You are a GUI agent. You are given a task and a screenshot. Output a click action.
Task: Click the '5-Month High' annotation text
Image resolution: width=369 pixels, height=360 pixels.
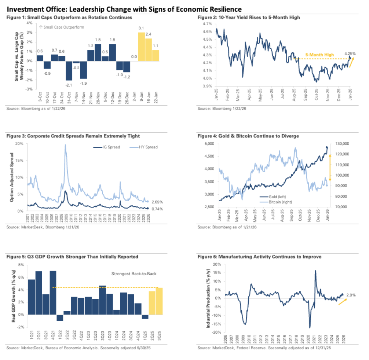(x=320, y=55)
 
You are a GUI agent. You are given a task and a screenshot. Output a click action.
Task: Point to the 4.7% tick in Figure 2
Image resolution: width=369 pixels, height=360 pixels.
(x=206, y=24)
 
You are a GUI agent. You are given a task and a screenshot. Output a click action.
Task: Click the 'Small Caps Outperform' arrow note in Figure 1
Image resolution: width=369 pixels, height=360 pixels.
(x=62, y=27)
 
